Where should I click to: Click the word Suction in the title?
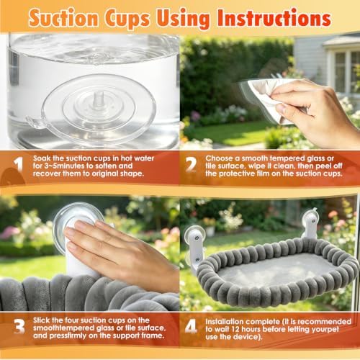click(63, 18)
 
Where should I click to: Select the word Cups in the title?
click(127, 19)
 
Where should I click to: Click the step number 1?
click(19, 166)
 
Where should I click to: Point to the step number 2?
click(192, 165)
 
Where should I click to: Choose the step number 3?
click(19, 326)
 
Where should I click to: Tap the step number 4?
click(192, 326)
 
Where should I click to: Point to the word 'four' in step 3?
click(68, 320)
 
